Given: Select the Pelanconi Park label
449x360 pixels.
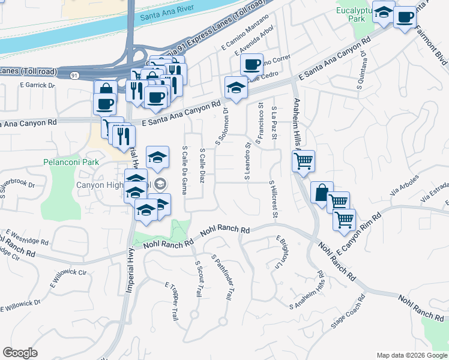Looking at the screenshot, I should pos(71,162).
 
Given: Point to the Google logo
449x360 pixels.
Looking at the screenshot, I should pos(20,353).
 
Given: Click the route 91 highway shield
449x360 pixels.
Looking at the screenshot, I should pos(73,75).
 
